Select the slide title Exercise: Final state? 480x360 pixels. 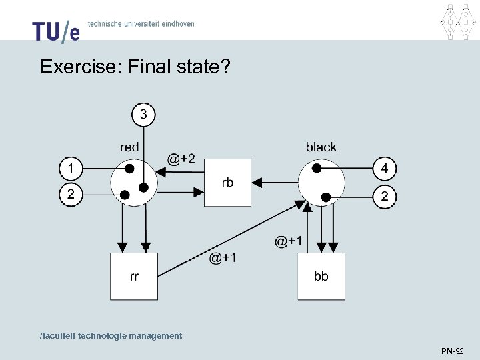pyautogui.click(x=134, y=67)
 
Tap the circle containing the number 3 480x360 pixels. pyautogui.click(x=143, y=115)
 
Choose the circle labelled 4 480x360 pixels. pyautogui.click(x=384, y=168)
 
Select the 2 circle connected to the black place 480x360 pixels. pyautogui.click(x=384, y=197)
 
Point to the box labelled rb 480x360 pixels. pyautogui.click(x=227, y=182)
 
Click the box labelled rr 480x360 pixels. pyautogui.click(x=134, y=276)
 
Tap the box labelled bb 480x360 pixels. pyautogui.click(x=321, y=276)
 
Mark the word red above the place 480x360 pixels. pyautogui.click(x=129, y=147)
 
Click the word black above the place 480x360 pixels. pyautogui.click(x=321, y=147)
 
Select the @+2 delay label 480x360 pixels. pyautogui.click(x=181, y=159)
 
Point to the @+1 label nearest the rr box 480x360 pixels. pyautogui.click(x=223, y=257)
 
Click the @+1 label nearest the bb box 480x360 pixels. pyautogui.click(x=289, y=241)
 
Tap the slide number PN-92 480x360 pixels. pyautogui.click(x=452, y=350)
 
